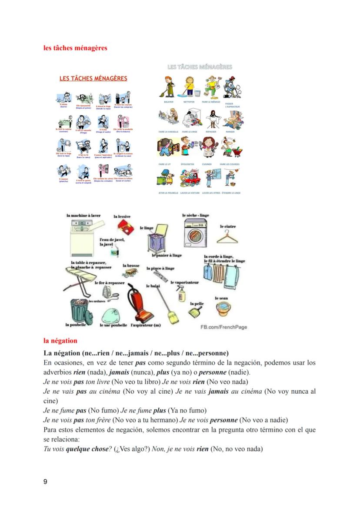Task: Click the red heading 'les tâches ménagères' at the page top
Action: (x=75, y=48)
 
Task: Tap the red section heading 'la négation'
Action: (x=60, y=341)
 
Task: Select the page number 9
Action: (x=45, y=481)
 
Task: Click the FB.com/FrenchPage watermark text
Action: (x=223, y=327)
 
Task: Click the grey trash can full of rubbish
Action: (x=81, y=309)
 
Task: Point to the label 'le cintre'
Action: (x=227, y=226)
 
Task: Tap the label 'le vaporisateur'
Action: (x=184, y=282)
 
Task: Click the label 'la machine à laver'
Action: (x=83, y=215)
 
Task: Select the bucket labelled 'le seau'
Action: (x=223, y=307)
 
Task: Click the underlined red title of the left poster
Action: (x=93, y=79)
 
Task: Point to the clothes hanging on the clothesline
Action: (x=220, y=276)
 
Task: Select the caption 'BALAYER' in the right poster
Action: (x=168, y=102)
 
